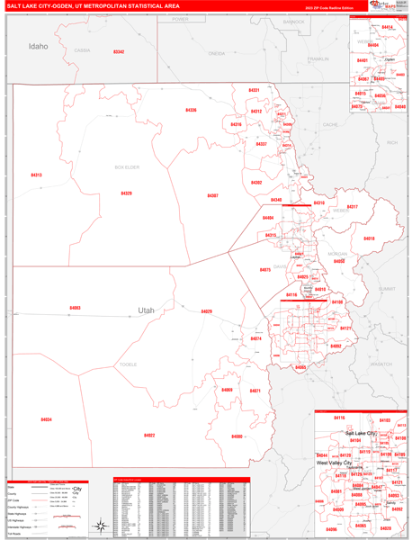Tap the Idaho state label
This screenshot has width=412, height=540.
tap(38, 45)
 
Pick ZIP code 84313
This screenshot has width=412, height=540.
tap(36, 175)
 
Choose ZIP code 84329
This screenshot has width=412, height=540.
tap(126, 193)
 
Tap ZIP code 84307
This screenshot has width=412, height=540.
tap(212, 195)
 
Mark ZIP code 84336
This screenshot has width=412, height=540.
tap(191, 110)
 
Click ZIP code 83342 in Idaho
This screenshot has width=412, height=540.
tap(119, 52)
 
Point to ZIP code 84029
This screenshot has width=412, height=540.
tap(206, 311)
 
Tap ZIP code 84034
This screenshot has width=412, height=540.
tap(46, 419)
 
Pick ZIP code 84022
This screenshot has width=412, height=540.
tap(149, 436)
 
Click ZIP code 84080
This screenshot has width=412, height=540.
tap(237, 436)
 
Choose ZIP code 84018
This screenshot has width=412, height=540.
tap(369, 238)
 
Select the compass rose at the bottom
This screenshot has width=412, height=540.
tap(101, 526)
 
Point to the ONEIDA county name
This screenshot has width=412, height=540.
tap(216, 53)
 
